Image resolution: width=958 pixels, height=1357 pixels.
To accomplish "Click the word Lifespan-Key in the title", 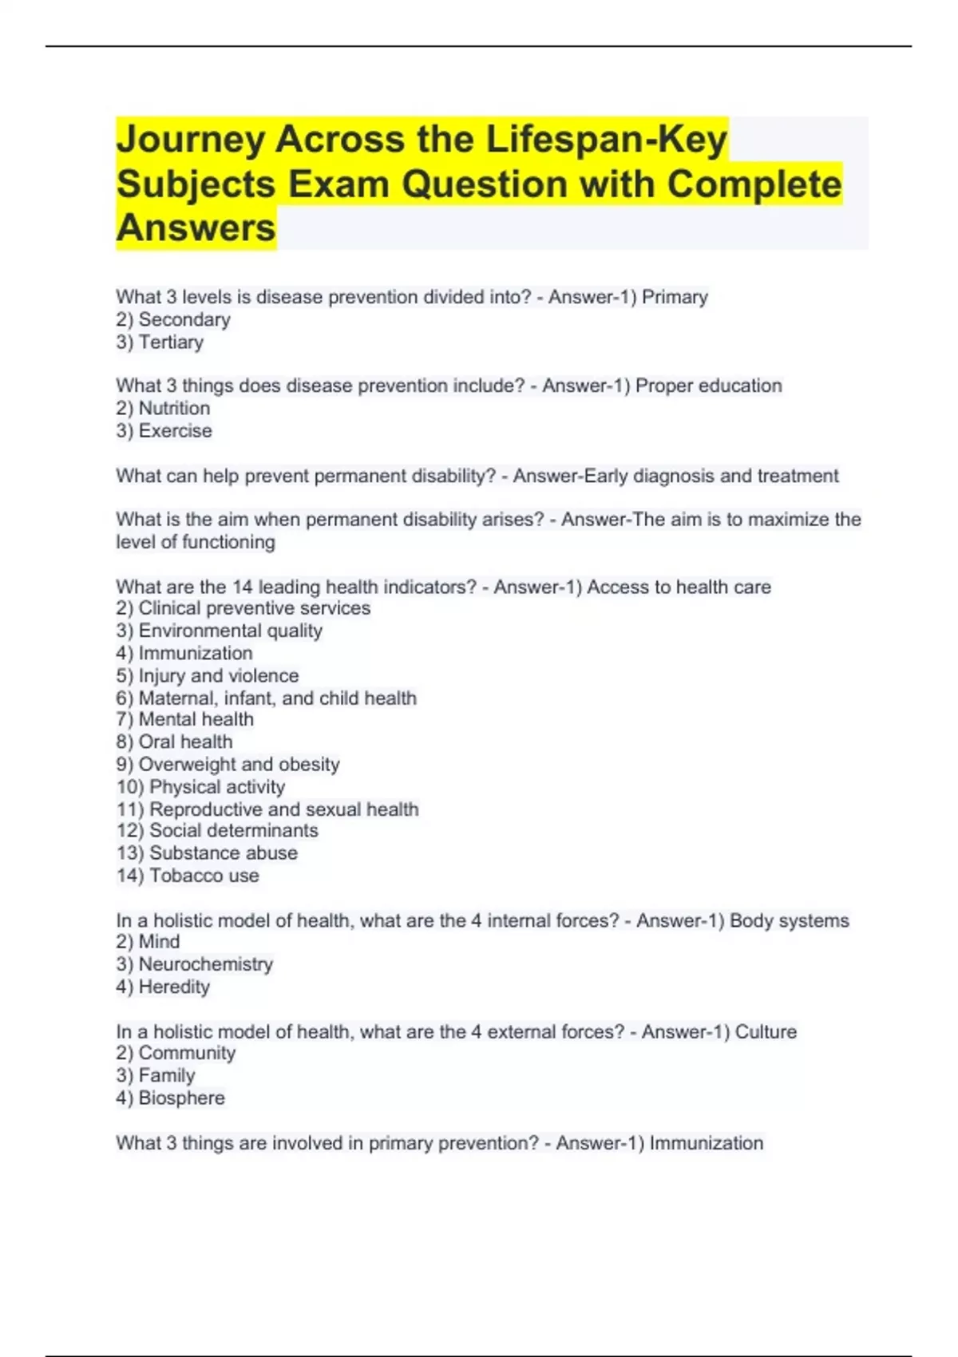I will tap(607, 140).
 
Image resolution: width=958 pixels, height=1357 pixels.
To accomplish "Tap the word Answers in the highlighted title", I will tap(196, 228).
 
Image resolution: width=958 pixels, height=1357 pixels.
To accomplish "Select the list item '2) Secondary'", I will tap(173, 320).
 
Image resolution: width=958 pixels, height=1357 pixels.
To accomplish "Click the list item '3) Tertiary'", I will tap(160, 342).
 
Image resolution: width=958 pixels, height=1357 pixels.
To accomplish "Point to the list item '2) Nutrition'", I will tap(163, 409).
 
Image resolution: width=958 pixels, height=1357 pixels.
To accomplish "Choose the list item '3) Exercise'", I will tap(164, 431).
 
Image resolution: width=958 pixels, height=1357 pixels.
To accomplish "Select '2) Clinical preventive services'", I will tap(243, 608).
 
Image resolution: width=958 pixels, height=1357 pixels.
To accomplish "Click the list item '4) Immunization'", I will tap(184, 653).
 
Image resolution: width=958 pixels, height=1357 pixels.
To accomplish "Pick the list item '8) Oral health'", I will tap(174, 742).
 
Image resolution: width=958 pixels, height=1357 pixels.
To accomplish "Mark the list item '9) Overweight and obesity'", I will tap(228, 765).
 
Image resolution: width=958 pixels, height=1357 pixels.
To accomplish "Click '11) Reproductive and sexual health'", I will tap(267, 809).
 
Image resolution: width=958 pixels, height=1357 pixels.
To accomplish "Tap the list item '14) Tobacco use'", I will tap(188, 876).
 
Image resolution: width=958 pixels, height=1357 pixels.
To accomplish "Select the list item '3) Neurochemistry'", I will tap(194, 964).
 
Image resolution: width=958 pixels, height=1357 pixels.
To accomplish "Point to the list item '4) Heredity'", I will tap(163, 987).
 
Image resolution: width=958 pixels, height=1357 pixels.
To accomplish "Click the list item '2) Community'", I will tap(176, 1053).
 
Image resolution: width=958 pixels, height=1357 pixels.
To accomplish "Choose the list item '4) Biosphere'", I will tap(170, 1098).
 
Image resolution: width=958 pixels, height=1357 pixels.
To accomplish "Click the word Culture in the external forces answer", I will tap(766, 1032).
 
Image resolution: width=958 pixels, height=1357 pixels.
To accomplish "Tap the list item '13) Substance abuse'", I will tap(207, 853).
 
